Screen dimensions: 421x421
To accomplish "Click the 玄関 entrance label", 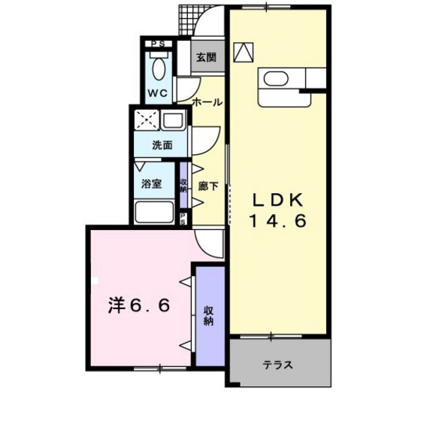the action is coord(206,57).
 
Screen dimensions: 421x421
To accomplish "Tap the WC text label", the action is coord(158,93).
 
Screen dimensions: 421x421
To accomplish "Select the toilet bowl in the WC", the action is coord(159,68).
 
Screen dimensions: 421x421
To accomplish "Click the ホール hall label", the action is coord(207,102).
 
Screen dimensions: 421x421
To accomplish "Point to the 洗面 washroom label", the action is coord(162,145).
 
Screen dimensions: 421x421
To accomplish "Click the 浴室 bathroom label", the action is coord(151,183).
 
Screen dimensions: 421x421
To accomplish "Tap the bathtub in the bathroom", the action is coord(154,212).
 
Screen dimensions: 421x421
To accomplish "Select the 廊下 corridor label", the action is coord(208,186).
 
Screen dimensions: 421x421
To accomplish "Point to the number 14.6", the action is coord(278,221).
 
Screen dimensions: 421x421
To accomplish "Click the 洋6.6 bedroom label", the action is coord(139,305).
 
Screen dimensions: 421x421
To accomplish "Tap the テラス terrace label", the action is coord(277,365).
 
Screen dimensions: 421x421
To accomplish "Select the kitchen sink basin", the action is coord(276,79).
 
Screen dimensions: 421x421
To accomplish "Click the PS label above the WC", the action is coord(158,44).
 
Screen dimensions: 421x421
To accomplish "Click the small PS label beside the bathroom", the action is coord(183,219).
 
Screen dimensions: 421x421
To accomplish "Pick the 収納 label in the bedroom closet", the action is coord(208,316).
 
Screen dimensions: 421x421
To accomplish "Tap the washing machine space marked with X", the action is coord(147,120).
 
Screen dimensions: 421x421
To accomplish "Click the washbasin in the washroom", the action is coord(173,120).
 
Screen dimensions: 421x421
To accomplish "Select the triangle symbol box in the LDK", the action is coord(244,52).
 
